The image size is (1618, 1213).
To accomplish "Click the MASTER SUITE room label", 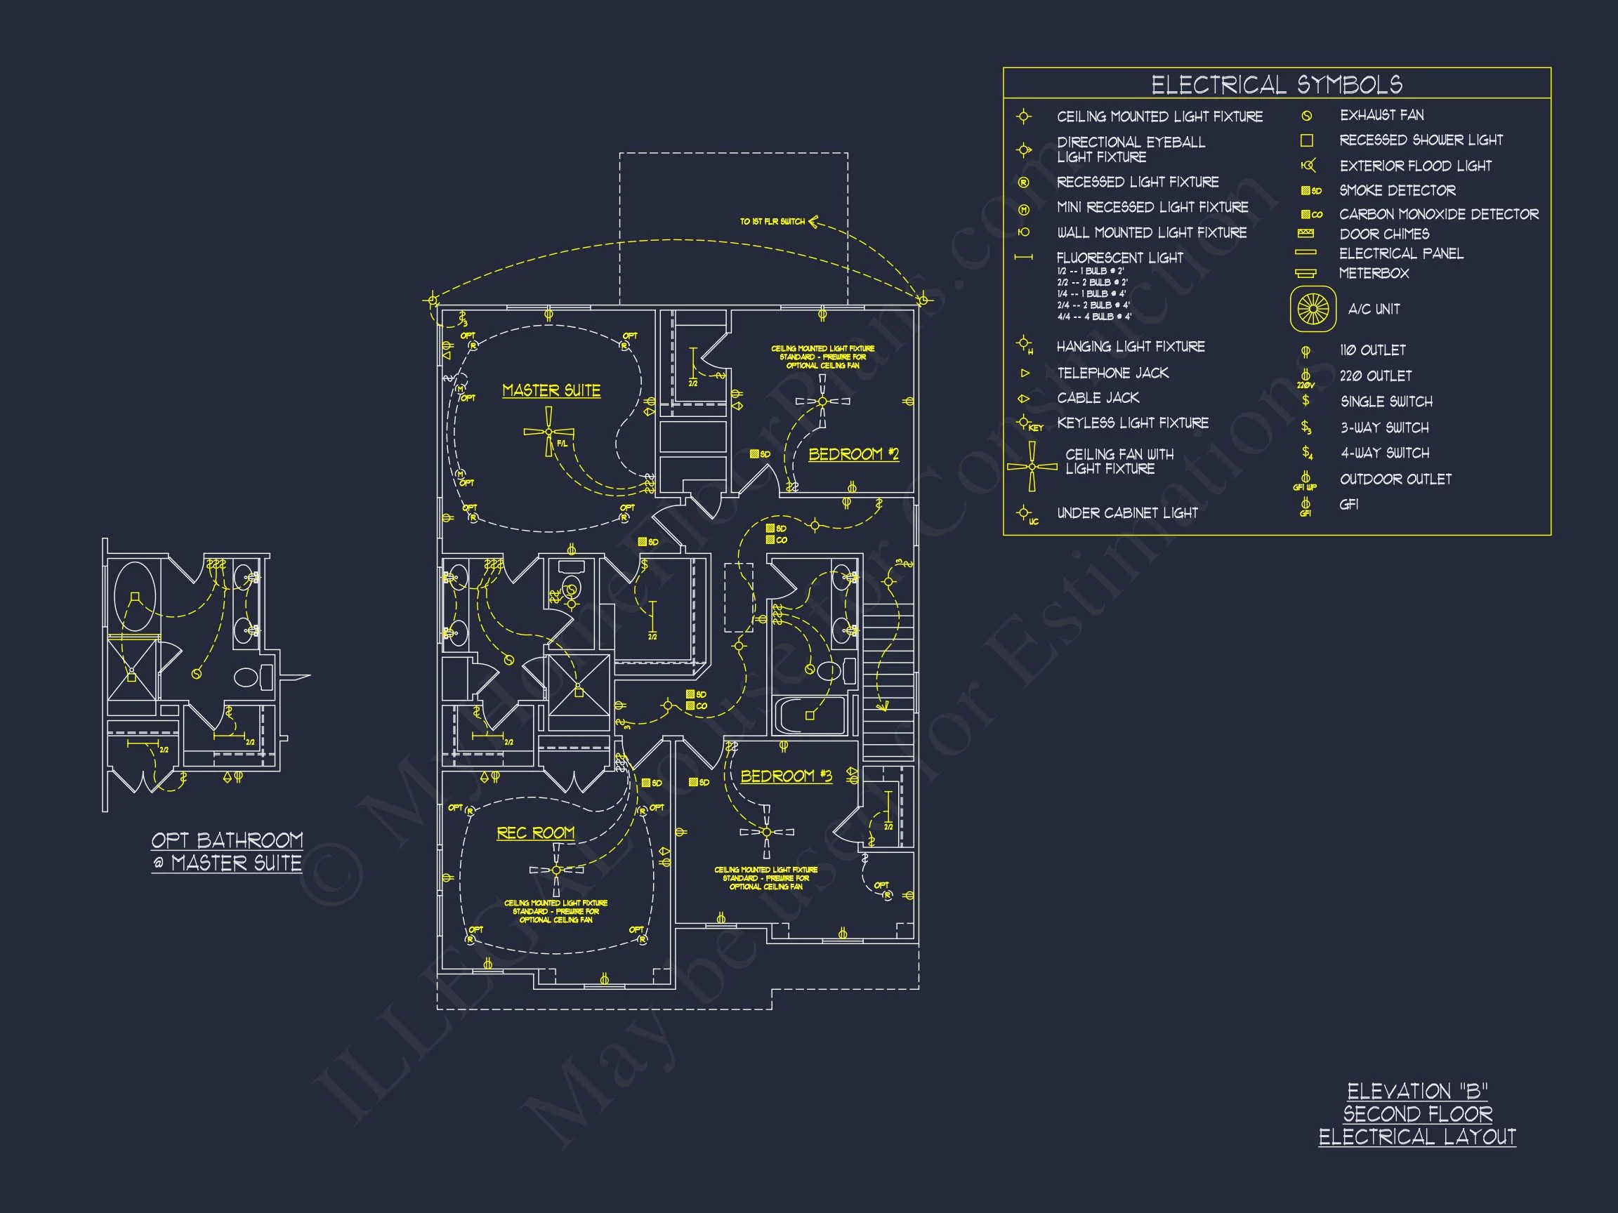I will pyautogui.click(x=551, y=390).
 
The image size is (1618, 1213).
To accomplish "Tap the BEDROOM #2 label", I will pyautogui.click(x=853, y=454).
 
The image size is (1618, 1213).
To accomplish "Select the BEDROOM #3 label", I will pyautogui.click(x=786, y=776).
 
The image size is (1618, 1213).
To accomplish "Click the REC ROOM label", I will pyautogui.click(x=535, y=833).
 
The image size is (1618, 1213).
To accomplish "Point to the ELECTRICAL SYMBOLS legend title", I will pyautogui.click(x=1277, y=85).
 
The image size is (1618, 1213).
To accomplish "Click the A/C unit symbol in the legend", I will pyautogui.click(x=1313, y=309).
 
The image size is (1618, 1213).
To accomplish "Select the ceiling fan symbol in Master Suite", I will pyautogui.click(x=548, y=432).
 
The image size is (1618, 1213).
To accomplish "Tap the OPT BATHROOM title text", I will pyautogui.click(x=227, y=840).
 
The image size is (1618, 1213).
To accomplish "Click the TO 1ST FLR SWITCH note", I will pyautogui.click(x=772, y=221).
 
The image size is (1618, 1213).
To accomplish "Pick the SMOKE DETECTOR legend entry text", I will pyautogui.click(x=1397, y=190).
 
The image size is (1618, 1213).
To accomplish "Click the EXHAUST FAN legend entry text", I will pyautogui.click(x=1381, y=115).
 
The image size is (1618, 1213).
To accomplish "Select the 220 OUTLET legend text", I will pyautogui.click(x=1375, y=376).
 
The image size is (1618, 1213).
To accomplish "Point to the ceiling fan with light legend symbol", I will pyautogui.click(x=1032, y=467).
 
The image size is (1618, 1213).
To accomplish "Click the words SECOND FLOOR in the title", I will pyautogui.click(x=1417, y=1113).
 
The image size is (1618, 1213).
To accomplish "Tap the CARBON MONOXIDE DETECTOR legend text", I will pyautogui.click(x=1438, y=214).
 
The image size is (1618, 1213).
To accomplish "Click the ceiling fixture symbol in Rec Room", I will pyautogui.click(x=557, y=870).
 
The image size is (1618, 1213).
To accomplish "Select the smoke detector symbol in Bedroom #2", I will pyautogui.click(x=759, y=454).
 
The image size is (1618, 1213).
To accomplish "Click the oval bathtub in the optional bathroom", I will pyautogui.click(x=135, y=596).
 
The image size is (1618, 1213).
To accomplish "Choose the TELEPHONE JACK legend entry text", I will pyautogui.click(x=1112, y=373).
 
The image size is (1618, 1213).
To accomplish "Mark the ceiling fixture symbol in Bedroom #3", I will pyautogui.click(x=767, y=832).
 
